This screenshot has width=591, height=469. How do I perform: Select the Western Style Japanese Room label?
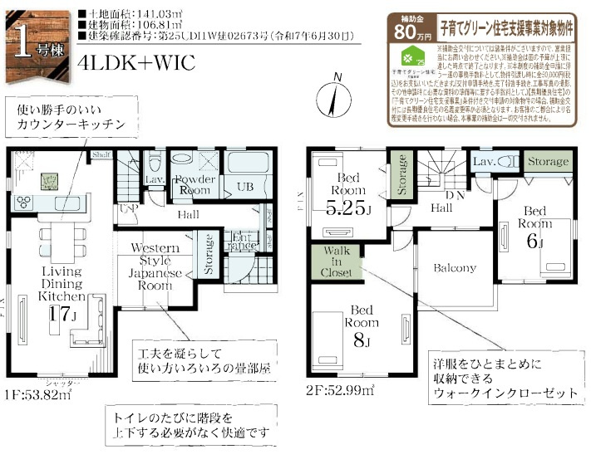pyautogui.click(x=155, y=267)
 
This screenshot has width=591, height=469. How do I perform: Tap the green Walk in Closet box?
pyautogui.click(x=332, y=261)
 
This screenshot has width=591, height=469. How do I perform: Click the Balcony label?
pyautogui.click(x=455, y=268)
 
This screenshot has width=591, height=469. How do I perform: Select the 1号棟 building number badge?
pyautogui.click(x=35, y=46)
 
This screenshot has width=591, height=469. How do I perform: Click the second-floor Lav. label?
pyautogui.click(x=484, y=161)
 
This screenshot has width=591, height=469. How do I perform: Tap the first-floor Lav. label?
pyautogui.click(x=154, y=178)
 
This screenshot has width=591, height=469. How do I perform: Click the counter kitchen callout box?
pyautogui.click(x=71, y=116)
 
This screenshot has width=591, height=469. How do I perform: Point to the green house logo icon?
pyautogui.click(x=409, y=57)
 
